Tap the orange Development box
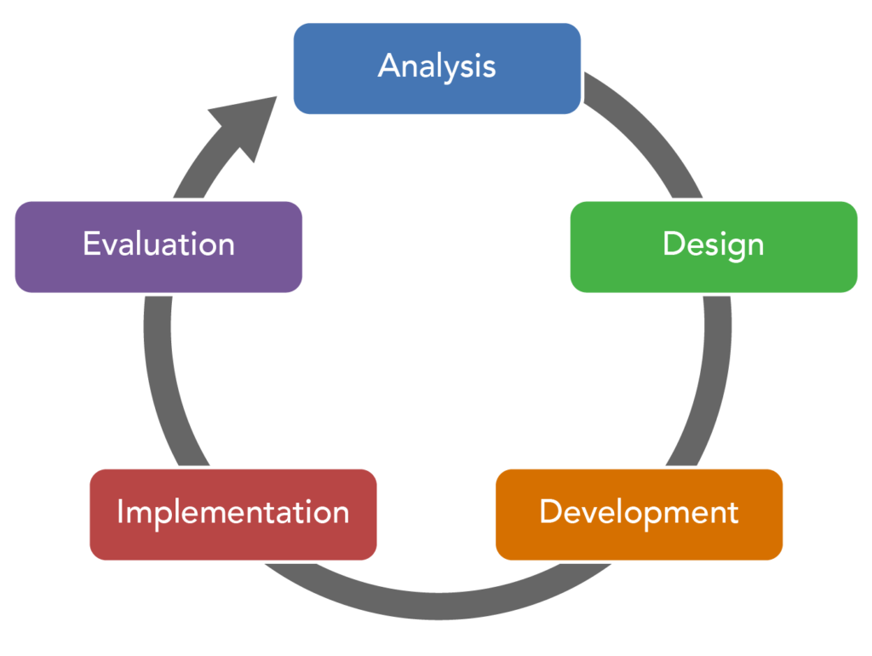(x=639, y=514)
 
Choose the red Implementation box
(x=233, y=514)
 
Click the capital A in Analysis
(x=389, y=66)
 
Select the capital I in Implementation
(x=121, y=512)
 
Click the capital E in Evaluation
(x=90, y=245)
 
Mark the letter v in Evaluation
(x=109, y=247)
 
